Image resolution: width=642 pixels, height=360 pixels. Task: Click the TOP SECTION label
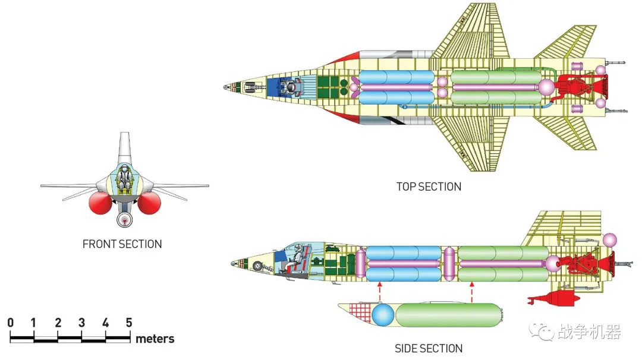(429, 187)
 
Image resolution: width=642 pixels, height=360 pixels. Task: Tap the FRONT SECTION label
(122, 244)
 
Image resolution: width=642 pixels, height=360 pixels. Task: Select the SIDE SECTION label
(429, 348)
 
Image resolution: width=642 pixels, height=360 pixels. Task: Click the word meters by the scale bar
(155, 339)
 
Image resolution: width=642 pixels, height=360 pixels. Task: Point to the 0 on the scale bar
(11, 323)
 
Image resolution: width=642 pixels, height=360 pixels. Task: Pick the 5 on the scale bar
(129, 323)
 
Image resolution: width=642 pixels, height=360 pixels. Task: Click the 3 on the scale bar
(82, 323)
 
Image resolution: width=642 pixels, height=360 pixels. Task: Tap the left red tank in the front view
(100, 204)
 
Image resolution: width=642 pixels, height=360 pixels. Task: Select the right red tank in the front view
(149, 204)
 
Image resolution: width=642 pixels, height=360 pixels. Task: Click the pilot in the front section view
(124, 178)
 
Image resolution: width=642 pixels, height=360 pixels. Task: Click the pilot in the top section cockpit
(291, 88)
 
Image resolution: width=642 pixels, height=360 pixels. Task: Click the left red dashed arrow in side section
(379, 290)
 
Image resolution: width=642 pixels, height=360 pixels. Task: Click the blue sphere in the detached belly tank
(383, 315)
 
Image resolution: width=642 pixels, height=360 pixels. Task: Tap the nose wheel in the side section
(257, 267)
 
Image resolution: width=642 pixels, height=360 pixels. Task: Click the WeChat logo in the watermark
(541, 331)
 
